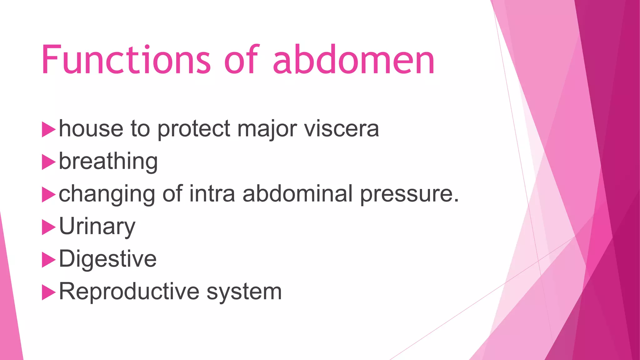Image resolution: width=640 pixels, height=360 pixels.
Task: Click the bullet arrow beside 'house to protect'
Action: click(48, 129)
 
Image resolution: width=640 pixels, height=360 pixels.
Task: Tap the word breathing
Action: click(108, 161)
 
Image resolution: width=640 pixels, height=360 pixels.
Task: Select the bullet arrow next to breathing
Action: click(48, 162)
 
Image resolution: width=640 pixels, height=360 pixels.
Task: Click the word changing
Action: click(107, 194)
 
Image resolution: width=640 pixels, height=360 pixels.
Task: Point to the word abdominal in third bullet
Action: click(298, 194)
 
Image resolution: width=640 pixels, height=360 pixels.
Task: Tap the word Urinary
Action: click(97, 227)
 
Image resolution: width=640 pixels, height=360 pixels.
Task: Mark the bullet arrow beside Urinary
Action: click(48, 227)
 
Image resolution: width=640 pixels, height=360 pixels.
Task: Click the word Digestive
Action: click(107, 259)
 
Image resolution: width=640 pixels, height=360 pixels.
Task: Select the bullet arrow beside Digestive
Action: click(48, 260)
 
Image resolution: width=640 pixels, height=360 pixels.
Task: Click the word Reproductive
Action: click(129, 292)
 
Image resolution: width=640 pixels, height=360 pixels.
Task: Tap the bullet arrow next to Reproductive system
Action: click(48, 292)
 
